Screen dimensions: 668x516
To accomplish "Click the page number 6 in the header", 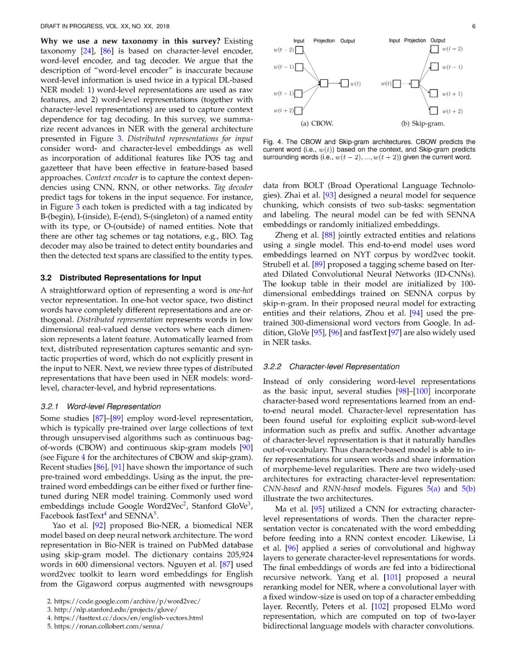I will coord(473,26).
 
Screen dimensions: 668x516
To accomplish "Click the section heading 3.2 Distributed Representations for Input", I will coord(120,278).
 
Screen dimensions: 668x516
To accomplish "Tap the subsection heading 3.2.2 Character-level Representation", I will coord(331,367).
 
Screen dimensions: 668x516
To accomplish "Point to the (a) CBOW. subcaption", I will coord(317,123).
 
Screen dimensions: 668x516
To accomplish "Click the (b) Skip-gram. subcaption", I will coord(423,123).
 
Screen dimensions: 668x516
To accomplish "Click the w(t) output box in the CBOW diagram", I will coord(344,84).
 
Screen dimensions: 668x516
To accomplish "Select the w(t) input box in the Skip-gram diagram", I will coord(397,84).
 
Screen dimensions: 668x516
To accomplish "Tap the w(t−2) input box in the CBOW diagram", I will coord(299,50).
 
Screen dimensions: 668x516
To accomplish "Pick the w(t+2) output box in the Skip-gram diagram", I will coord(434,111).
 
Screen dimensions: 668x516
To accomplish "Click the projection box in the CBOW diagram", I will coord(324,84).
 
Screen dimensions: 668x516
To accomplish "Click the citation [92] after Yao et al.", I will coord(99,526).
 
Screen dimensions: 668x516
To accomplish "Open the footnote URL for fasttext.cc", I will coord(129,618).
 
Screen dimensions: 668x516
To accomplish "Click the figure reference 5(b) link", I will coord(468,489).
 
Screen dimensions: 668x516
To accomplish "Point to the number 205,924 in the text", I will coord(240,555).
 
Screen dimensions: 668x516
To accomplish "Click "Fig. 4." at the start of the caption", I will coord(273,142).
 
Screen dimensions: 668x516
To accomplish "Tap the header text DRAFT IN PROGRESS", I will coord(72,26).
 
